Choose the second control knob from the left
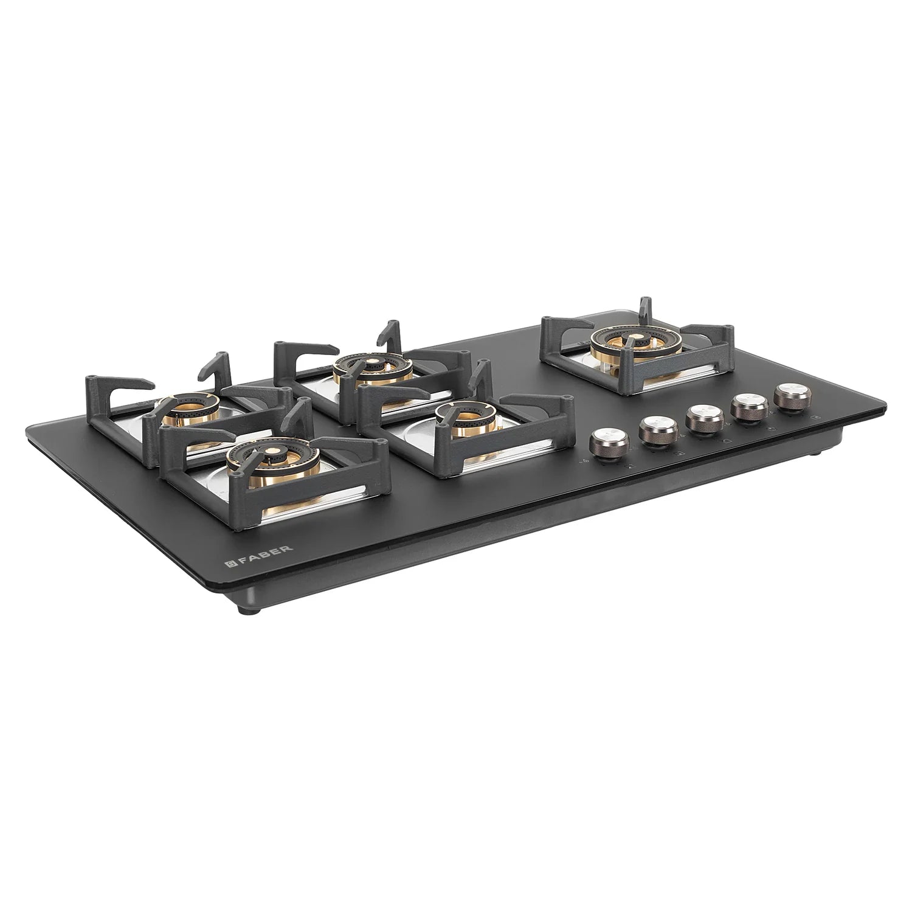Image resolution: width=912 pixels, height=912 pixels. (654, 430)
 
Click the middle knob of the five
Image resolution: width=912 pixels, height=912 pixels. (700, 419)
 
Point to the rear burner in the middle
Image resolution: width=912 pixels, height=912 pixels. (372, 369)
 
